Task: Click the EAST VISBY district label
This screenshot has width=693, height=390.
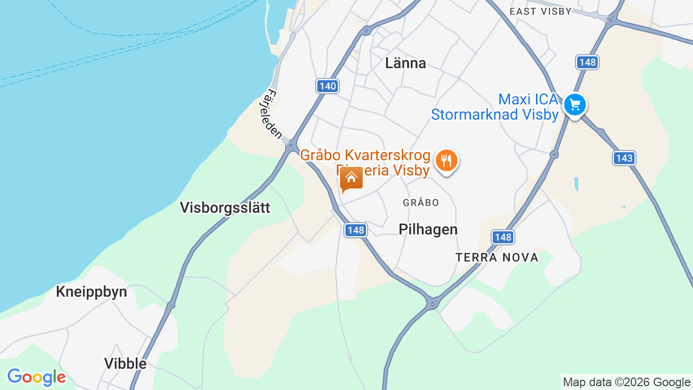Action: point(540,11)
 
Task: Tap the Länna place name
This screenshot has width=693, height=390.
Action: point(406,63)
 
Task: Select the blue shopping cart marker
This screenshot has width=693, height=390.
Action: point(574,104)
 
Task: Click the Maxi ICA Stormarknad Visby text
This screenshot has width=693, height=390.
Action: point(495,107)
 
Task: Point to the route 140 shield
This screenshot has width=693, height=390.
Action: point(328,86)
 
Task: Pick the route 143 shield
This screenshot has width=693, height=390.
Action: point(624,158)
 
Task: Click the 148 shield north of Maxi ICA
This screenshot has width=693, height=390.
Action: point(587,62)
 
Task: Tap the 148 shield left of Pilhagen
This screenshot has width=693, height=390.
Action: point(356,230)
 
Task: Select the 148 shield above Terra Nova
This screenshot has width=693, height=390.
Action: point(503,237)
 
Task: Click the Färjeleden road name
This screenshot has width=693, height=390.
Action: point(274,115)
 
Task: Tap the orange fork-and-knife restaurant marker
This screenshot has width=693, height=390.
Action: point(446,160)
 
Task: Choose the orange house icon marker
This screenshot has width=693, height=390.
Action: point(351,179)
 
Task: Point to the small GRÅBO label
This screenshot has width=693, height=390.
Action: point(421,203)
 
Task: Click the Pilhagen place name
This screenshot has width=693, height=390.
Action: point(428,229)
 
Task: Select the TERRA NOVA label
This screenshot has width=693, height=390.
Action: point(497,257)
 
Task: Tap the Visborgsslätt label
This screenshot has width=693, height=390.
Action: point(225,207)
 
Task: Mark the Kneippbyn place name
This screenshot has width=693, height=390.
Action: point(91,292)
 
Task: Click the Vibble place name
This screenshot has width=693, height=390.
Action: point(126,363)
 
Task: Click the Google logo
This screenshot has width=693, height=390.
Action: point(36,377)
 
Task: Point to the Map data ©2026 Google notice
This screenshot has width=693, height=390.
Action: point(626,382)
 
